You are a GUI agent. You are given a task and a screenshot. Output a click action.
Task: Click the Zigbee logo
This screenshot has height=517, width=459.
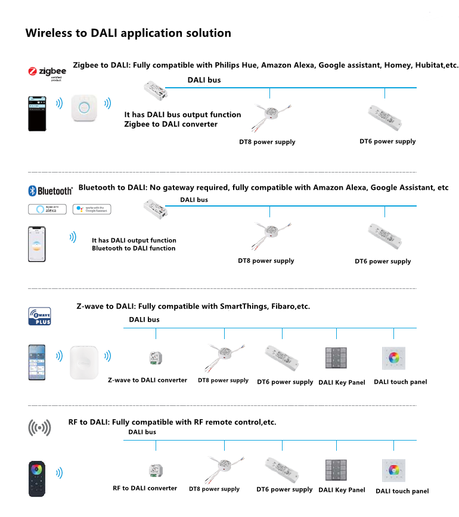[47, 72]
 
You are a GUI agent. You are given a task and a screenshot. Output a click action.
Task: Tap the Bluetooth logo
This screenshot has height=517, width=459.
[51, 190]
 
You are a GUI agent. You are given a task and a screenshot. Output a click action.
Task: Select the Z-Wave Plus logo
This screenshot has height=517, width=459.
[40, 315]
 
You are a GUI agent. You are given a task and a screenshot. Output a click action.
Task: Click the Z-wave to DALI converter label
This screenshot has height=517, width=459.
[147, 380]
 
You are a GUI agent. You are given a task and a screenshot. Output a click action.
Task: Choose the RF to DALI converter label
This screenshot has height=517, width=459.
[145, 488]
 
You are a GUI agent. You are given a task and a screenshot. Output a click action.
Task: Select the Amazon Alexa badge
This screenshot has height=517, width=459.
[48, 209]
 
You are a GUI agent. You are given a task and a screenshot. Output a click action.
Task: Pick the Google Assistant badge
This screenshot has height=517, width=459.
[92, 209]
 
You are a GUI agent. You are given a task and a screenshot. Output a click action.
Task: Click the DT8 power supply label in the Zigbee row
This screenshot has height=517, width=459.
[267, 142]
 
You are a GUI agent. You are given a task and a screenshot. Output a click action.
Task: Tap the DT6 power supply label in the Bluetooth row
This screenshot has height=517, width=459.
[383, 261]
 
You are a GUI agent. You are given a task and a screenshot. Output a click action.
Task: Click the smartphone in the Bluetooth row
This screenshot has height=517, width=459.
[37, 244]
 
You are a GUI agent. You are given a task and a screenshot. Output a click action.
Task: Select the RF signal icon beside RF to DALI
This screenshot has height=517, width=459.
[39, 427]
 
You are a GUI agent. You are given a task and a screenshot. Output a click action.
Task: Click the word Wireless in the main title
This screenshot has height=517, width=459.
[49, 33]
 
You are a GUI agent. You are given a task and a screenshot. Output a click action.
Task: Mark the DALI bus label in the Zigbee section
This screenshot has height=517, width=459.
[204, 79]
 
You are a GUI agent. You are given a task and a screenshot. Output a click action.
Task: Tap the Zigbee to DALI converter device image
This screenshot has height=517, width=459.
[154, 90]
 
